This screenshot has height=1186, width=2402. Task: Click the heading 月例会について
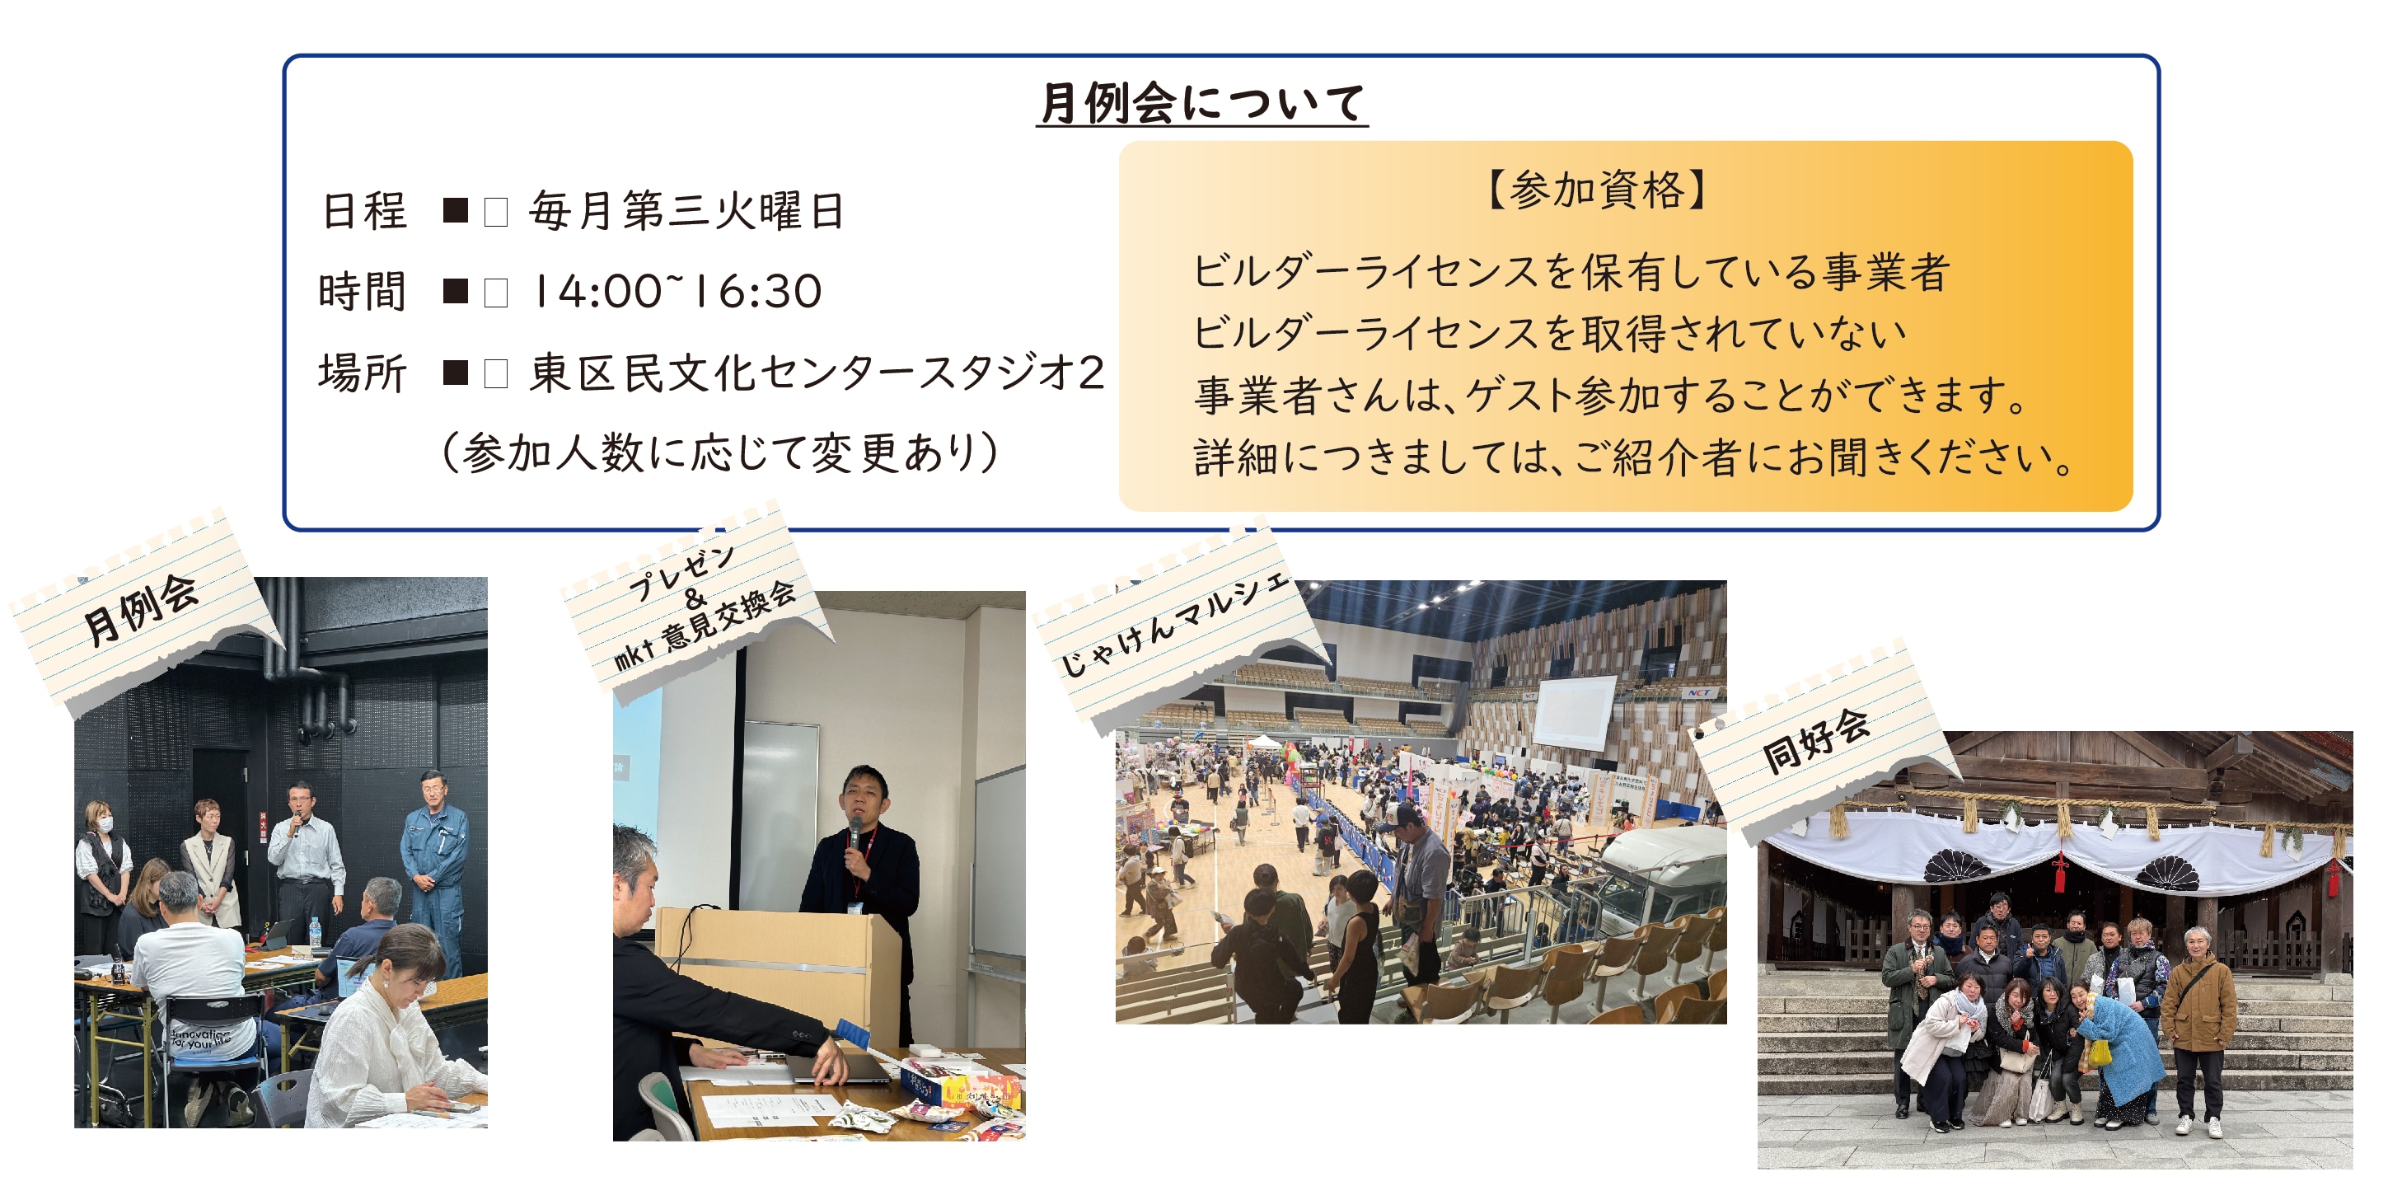(x=1202, y=102)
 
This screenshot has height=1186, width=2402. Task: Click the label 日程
(x=363, y=211)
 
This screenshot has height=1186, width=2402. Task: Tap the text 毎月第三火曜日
(x=686, y=211)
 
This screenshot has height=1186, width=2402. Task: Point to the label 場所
(x=363, y=373)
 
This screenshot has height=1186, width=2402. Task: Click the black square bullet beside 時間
(x=455, y=291)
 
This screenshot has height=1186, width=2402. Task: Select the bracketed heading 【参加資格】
(x=1596, y=190)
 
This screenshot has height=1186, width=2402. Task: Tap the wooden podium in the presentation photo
(x=778, y=970)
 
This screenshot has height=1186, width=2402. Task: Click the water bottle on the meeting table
(x=315, y=932)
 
